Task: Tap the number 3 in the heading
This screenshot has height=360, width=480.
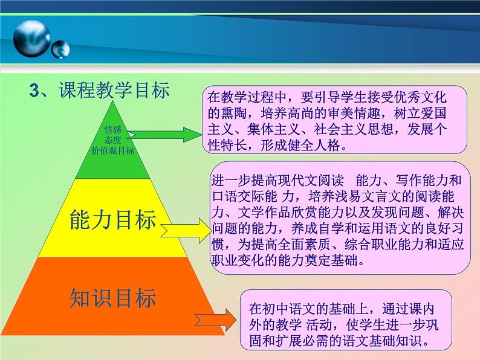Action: tap(35, 91)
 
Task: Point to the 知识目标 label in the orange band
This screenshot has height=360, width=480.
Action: tap(113, 298)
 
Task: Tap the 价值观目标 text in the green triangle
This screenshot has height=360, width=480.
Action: tap(112, 150)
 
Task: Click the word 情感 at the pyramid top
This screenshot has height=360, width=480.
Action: tap(112, 129)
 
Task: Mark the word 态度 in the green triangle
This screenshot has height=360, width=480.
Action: tap(112, 140)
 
